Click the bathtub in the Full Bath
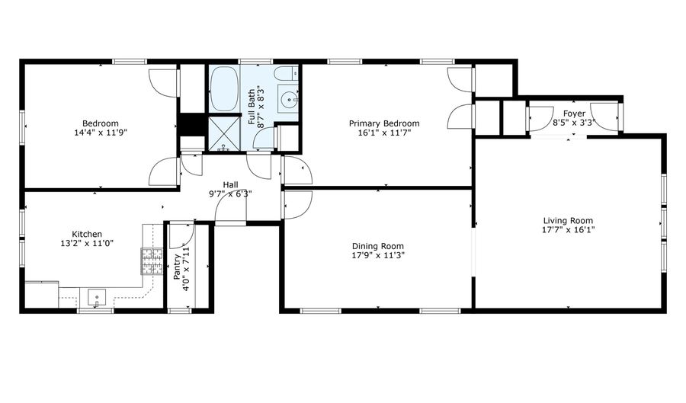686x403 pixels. (x=224, y=88)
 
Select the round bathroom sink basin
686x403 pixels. (x=289, y=99)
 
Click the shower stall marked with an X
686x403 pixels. (x=224, y=134)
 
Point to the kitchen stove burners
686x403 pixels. (x=152, y=261)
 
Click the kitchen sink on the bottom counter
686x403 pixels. (x=97, y=298)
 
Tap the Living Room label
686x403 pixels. (x=568, y=221)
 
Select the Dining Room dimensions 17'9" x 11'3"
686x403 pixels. (x=378, y=255)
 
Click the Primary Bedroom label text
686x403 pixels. (x=384, y=123)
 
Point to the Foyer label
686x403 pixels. (x=574, y=114)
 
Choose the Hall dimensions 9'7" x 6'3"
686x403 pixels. (x=230, y=194)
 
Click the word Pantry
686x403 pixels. (x=177, y=267)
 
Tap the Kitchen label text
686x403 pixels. (x=87, y=235)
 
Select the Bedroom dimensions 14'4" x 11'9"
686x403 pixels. (x=101, y=133)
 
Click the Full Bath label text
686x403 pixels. (x=252, y=107)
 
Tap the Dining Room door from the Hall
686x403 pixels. (x=297, y=205)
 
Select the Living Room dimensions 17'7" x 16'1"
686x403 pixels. (x=568, y=230)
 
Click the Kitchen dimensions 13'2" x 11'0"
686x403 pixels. (x=87, y=244)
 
